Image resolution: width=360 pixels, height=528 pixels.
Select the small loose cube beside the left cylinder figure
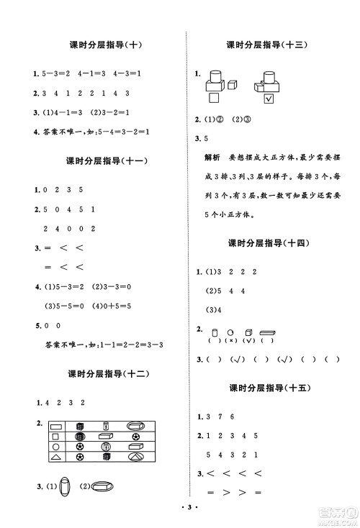point(233,85)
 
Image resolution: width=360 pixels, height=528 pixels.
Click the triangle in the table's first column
point(56,457)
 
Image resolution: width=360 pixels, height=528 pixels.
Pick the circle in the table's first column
point(56,446)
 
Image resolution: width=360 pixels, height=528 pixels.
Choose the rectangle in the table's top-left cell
point(56,425)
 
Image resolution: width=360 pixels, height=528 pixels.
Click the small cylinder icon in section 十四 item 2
point(215,332)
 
